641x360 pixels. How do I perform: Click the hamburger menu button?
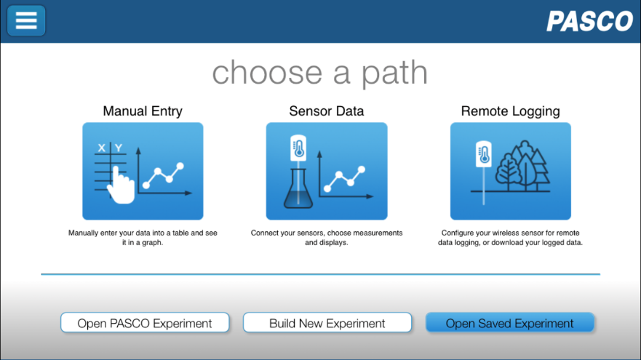[26, 20]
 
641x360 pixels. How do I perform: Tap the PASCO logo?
[589, 21]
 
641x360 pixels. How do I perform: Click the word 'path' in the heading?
[394, 73]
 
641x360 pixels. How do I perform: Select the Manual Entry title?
[143, 111]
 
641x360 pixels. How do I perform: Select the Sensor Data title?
[326, 111]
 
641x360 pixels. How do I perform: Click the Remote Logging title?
[510, 111]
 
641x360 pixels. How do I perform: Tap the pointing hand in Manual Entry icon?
[121, 185]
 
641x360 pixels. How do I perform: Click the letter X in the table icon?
[101, 148]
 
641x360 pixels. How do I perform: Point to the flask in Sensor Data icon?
[298, 189]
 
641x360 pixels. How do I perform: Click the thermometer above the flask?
[298, 148]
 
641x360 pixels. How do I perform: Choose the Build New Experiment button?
[327, 323]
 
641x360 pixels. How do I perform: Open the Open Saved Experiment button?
[509, 323]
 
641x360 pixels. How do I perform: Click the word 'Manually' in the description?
[84, 233]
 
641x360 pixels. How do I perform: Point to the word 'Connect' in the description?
[265, 233]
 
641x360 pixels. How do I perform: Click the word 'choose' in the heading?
[267, 73]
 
